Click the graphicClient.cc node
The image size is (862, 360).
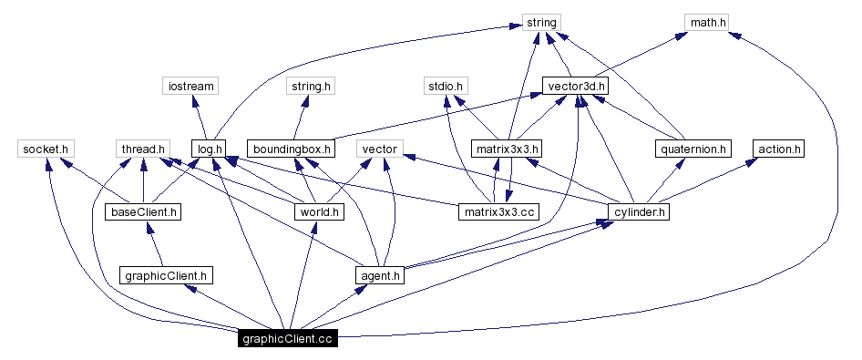[x=287, y=340]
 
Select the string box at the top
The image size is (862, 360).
[x=541, y=22]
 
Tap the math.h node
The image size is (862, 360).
[x=707, y=22]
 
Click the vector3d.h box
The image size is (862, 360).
[x=575, y=87]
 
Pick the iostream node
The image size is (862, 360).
[x=190, y=87]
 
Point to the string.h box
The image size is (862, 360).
[x=311, y=87]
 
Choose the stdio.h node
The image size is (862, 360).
[x=446, y=87]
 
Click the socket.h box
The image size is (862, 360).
[x=46, y=149]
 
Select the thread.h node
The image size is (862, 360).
[x=143, y=149]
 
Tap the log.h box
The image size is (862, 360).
[x=209, y=149]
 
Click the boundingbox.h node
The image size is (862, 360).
[x=291, y=149]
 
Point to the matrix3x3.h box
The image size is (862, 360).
[x=508, y=149]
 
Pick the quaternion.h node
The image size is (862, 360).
[x=693, y=149]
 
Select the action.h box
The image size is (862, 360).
[x=779, y=149]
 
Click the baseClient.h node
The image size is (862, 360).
[x=143, y=212]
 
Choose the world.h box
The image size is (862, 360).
[x=318, y=212]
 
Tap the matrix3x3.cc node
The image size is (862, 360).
[x=498, y=212]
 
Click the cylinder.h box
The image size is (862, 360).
[x=639, y=212]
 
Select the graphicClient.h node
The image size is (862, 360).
[x=167, y=274]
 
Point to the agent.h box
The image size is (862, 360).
[x=379, y=274]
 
